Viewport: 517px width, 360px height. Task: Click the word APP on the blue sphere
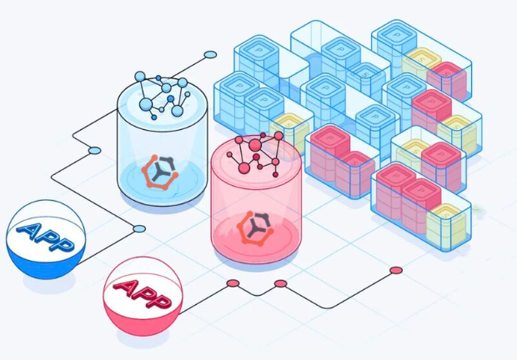pyautogui.click(x=42, y=232)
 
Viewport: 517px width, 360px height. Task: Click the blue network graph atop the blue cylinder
pyautogui.click(x=163, y=96)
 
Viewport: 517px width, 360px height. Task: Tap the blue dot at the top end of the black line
pyautogui.click(x=210, y=55)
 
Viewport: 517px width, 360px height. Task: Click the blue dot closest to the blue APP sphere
pyautogui.click(x=139, y=228)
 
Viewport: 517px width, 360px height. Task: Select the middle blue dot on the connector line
pyautogui.click(x=94, y=151)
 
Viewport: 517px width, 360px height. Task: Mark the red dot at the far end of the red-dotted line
pyautogui.click(x=395, y=270)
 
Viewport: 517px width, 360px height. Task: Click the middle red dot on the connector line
pyautogui.click(x=280, y=284)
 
